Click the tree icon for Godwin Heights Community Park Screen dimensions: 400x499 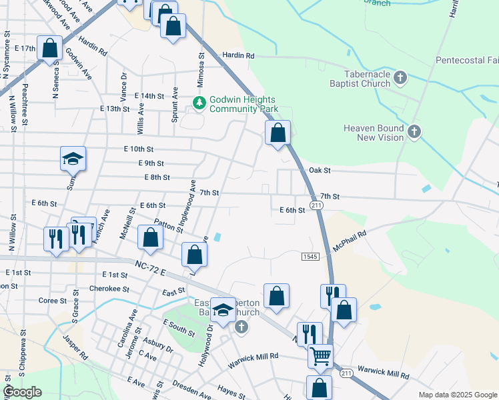tap(199, 102)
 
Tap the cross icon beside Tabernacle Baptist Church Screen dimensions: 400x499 tap(400, 79)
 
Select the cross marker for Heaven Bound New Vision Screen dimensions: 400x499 tap(414, 131)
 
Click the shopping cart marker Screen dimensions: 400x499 tap(320, 357)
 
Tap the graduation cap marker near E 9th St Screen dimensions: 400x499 tap(73, 159)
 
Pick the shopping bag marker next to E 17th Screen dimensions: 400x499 tap(49, 48)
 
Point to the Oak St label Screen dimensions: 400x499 tap(320, 171)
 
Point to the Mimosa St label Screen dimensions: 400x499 tap(200, 65)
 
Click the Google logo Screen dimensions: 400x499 tap(22, 392)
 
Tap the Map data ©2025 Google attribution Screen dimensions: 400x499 tap(457, 395)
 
